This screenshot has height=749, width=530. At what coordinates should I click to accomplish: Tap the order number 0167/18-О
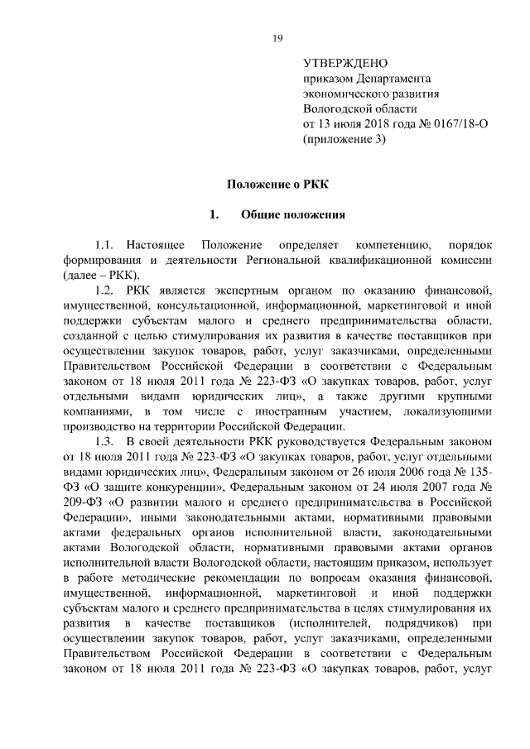455,123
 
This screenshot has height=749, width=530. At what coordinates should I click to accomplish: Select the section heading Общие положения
292,215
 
